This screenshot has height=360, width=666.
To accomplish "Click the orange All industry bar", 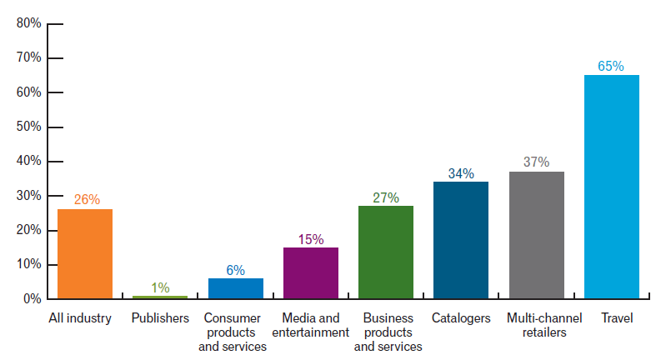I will (85, 253).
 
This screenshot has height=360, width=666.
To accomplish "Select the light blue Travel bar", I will (611, 187).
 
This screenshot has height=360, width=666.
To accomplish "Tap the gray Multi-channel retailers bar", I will (536, 235).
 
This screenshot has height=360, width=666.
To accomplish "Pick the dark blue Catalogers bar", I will (461, 240).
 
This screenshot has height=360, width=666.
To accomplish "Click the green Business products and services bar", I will (386, 252).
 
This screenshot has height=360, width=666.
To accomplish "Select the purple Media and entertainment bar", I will (311, 272).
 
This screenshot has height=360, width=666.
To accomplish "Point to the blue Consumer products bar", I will (236, 287).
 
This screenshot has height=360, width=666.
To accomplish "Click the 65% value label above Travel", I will (611, 66).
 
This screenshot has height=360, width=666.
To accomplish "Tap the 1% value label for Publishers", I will (160, 287).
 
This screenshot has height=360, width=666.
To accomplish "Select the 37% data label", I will (536, 162).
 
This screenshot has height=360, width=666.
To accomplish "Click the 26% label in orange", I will (86, 199).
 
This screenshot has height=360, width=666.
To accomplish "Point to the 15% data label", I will (311, 239).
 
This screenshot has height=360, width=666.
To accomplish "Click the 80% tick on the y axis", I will (29, 23).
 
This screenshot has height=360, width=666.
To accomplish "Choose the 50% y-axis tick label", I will (29, 127).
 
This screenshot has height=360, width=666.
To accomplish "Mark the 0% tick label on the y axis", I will (32, 298).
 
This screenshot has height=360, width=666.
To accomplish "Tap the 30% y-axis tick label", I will (29, 196).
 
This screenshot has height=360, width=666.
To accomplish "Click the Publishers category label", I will (160, 318).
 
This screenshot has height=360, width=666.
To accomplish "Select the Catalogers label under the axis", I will (461, 318).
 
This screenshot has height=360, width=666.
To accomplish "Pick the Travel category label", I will (611, 318).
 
